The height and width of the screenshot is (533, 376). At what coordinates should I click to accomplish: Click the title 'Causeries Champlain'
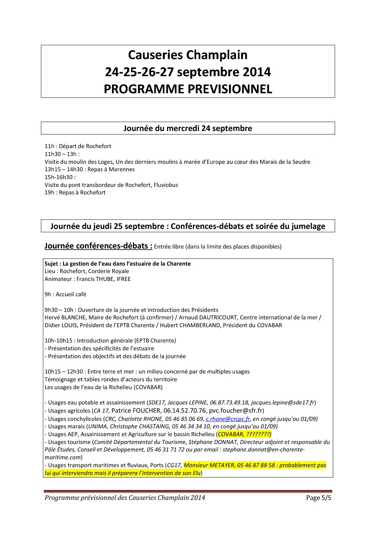click(x=188, y=55)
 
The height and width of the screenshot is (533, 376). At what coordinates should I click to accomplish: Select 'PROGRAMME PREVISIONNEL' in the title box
click(x=188, y=89)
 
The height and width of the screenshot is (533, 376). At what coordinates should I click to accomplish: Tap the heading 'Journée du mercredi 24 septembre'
click(x=188, y=128)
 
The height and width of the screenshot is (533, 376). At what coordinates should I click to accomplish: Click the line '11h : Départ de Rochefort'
click(x=78, y=146)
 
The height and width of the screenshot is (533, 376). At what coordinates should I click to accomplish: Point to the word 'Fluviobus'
click(x=166, y=185)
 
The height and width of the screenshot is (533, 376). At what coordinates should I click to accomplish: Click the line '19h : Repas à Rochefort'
click(x=75, y=193)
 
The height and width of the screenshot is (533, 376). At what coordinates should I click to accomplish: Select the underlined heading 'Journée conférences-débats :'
click(x=98, y=246)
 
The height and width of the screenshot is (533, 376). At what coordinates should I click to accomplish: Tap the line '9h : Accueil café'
click(x=65, y=294)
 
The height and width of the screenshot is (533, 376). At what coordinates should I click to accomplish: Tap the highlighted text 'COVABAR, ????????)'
click(x=245, y=434)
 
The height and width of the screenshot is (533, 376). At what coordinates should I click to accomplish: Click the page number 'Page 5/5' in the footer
click(x=318, y=498)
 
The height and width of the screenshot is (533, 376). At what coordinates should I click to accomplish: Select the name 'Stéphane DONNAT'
click(x=213, y=442)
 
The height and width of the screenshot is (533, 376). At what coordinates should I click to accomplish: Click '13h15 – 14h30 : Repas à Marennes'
click(x=90, y=169)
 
